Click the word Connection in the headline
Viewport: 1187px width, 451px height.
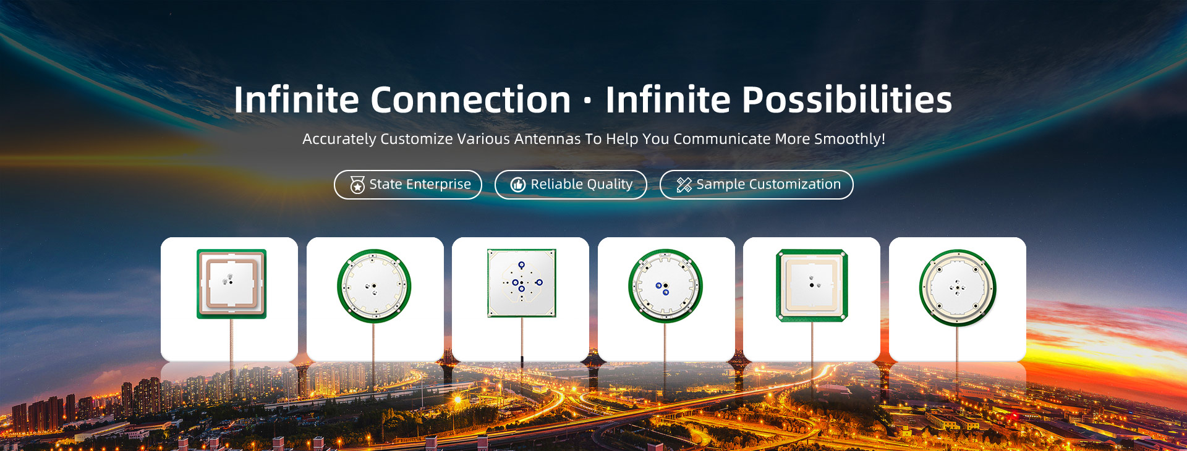(x=470, y=99)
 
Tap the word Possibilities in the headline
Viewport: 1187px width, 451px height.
(x=847, y=99)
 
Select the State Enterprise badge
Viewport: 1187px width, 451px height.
(x=408, y=185)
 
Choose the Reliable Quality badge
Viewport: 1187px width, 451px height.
(x=571, y=185)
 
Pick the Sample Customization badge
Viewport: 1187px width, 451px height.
(x=757, y=185)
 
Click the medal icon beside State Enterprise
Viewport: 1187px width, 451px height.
(x=357, y=185)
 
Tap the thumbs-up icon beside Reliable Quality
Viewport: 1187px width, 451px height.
(x=518, y=185)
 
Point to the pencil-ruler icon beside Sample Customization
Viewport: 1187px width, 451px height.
(x=684, y=185)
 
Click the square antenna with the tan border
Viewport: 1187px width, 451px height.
(x=231, y=284)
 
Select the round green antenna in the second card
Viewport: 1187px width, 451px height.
(x=374, y=286)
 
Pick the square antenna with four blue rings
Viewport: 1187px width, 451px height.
(x=521, y=283)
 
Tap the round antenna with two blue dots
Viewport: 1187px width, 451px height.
(x=666, y=286)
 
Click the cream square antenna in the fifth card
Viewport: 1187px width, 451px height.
(x=812, y=285)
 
